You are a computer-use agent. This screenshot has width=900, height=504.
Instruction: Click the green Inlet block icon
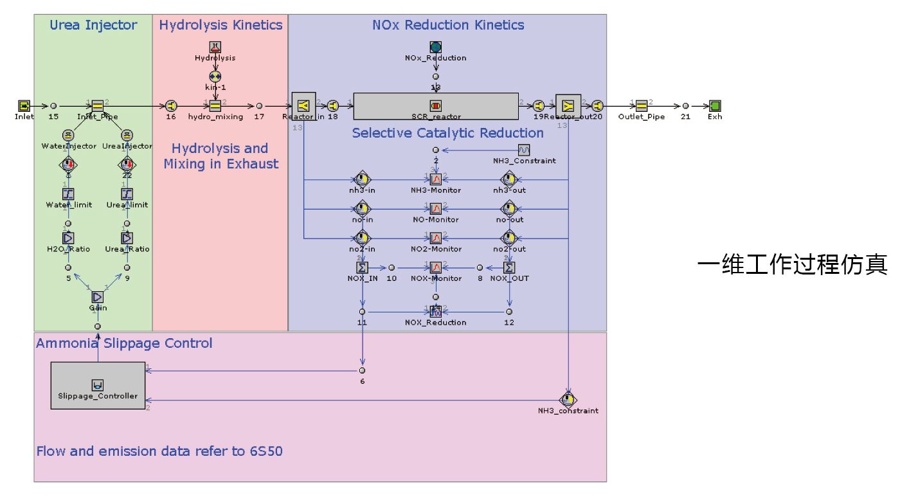[x=24, y=105]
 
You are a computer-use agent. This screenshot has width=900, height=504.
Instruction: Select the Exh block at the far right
[x=715, y=105]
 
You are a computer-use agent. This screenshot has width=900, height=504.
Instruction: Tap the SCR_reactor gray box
[x=436, y=106]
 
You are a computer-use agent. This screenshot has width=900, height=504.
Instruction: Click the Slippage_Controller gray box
[x=98, y=385]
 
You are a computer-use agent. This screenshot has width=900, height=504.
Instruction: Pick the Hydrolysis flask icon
[x=215, y=47]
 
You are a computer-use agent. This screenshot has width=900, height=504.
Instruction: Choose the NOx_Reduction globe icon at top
[x=435, y=47]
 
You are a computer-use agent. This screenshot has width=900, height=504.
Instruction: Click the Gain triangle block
[x=97, y=296]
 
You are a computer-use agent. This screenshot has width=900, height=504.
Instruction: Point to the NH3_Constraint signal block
[x=524, y=150]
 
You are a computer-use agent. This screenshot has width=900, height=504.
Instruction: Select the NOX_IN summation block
[x=362, y=267]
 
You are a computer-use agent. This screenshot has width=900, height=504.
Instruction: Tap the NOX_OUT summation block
[x=509, y=267]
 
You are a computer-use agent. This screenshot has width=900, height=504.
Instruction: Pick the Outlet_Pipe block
[x=641, y=105]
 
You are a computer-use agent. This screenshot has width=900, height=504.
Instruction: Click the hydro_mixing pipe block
[x=215, y=105]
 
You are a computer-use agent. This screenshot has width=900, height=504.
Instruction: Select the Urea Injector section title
[x=93, y=25]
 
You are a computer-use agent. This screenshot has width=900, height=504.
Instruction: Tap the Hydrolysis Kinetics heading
[x=221, y=25]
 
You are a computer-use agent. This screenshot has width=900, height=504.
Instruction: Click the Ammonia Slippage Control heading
[x=124, y=343]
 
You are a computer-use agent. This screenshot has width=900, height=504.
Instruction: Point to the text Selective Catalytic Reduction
[x=447, y=133]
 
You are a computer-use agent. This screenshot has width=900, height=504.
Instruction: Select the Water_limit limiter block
[x=68, y=194]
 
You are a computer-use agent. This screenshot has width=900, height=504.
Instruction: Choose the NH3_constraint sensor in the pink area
[x=568, y=399]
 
